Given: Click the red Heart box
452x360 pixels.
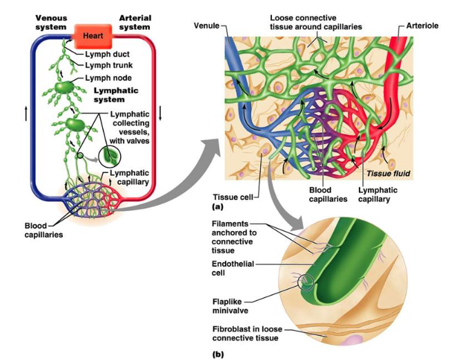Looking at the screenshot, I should pyautogui.click(x=92, y=33).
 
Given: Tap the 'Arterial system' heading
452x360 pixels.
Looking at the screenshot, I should pyautogui.click(x=135, y=22).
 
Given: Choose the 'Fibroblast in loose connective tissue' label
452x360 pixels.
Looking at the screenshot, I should pyautogui.click(x=245, y=334).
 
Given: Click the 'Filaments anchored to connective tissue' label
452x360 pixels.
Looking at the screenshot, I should pyautogui.click(x=233, y=237).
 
